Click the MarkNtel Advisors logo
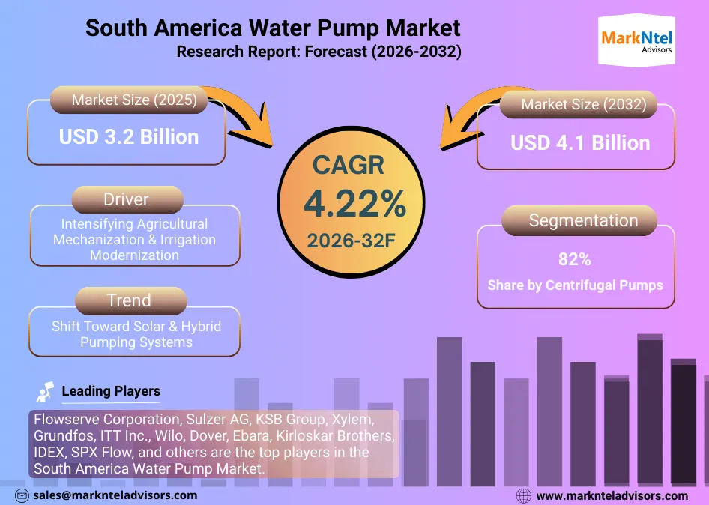click(x=637, y=41)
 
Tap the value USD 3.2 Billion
click(x=129, y=137)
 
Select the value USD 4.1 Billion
click(x=580, y=142)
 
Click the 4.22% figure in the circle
click(x=354, y=203)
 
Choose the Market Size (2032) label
click(x=583, y=104)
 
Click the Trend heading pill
click(x=128, y=300)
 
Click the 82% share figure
click(x=575, y=260)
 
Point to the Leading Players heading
click(x=111, y=390)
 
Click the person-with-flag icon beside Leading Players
click(x=45, y=391)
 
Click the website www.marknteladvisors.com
click(x=612, y=495)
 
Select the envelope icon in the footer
click(x=22, y=495)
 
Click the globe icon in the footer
click(x=525, y=495)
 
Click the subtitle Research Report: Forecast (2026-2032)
click(x=319, y=52)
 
